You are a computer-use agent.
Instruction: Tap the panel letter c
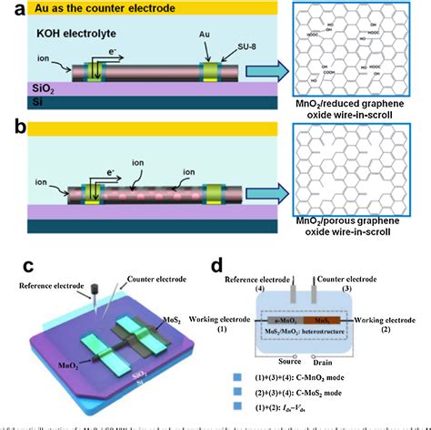tap(29, 267)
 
